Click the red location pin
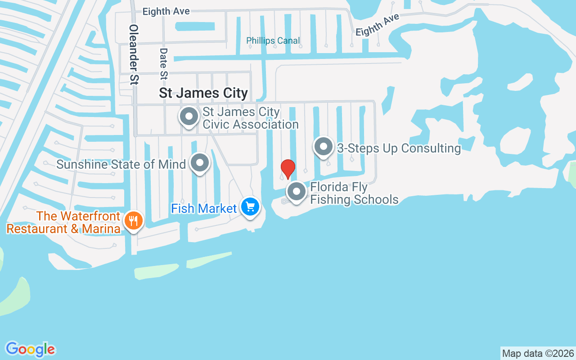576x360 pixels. point(288,169)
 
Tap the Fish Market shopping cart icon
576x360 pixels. point(251,207)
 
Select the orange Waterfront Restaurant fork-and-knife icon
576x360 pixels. point(134,221)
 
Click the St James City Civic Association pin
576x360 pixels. point(189,117)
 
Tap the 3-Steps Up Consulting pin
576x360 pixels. point(323,147)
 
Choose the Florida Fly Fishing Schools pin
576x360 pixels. point(296,192)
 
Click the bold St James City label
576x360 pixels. point(203,93)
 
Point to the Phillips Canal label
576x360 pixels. point(273,41)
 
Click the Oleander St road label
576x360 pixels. point(134,54)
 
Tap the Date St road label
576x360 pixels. point(163,65)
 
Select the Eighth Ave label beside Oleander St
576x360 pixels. point(166,11)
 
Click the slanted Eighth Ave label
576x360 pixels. point(377,25)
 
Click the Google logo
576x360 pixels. point(30,349)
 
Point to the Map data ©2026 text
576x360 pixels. point(538,353)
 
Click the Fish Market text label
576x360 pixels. point(204,208)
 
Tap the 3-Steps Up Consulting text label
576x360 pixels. point(399,148)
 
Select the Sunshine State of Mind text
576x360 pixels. point(121,164)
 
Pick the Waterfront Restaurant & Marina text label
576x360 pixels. point(63,222)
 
